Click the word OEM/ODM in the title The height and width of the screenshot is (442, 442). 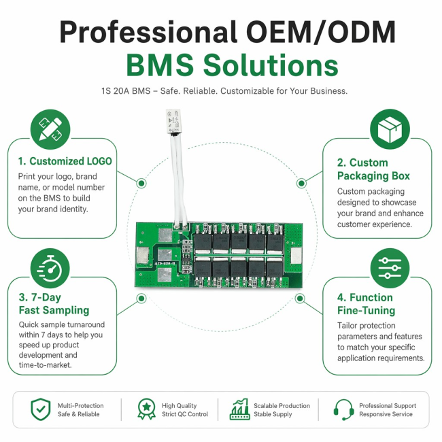pos(321,33)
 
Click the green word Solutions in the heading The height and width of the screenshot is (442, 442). pos(271,65)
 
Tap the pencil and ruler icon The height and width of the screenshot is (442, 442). pos(50,129)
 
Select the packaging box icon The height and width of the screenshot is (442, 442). pos(390,129)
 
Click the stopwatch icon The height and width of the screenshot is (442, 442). pos(50,269)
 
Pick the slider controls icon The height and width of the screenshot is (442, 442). pos(390,269)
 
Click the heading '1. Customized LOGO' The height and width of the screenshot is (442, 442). pos(65,161)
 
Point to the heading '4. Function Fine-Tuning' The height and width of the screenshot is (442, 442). pos(366,304)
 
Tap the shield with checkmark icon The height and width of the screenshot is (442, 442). pos(41,409)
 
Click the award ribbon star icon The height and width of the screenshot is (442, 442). pos(146,409)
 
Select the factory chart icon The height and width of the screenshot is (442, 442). pos(239,409)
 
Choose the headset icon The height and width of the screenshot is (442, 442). pos(343,410)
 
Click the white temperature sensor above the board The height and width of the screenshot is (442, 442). pos(173,121)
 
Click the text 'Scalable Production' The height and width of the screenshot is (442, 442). pos(282,406)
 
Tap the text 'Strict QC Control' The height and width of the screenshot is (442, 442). pos(185,414)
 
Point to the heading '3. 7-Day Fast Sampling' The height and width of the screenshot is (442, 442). pos(54,303)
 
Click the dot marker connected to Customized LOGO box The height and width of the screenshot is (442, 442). pos(141,183)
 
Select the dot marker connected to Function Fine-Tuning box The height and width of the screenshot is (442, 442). pos(300,299)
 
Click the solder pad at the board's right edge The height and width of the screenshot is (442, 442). pos(296,256)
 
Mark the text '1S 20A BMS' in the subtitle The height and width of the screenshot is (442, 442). pos(126,91)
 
